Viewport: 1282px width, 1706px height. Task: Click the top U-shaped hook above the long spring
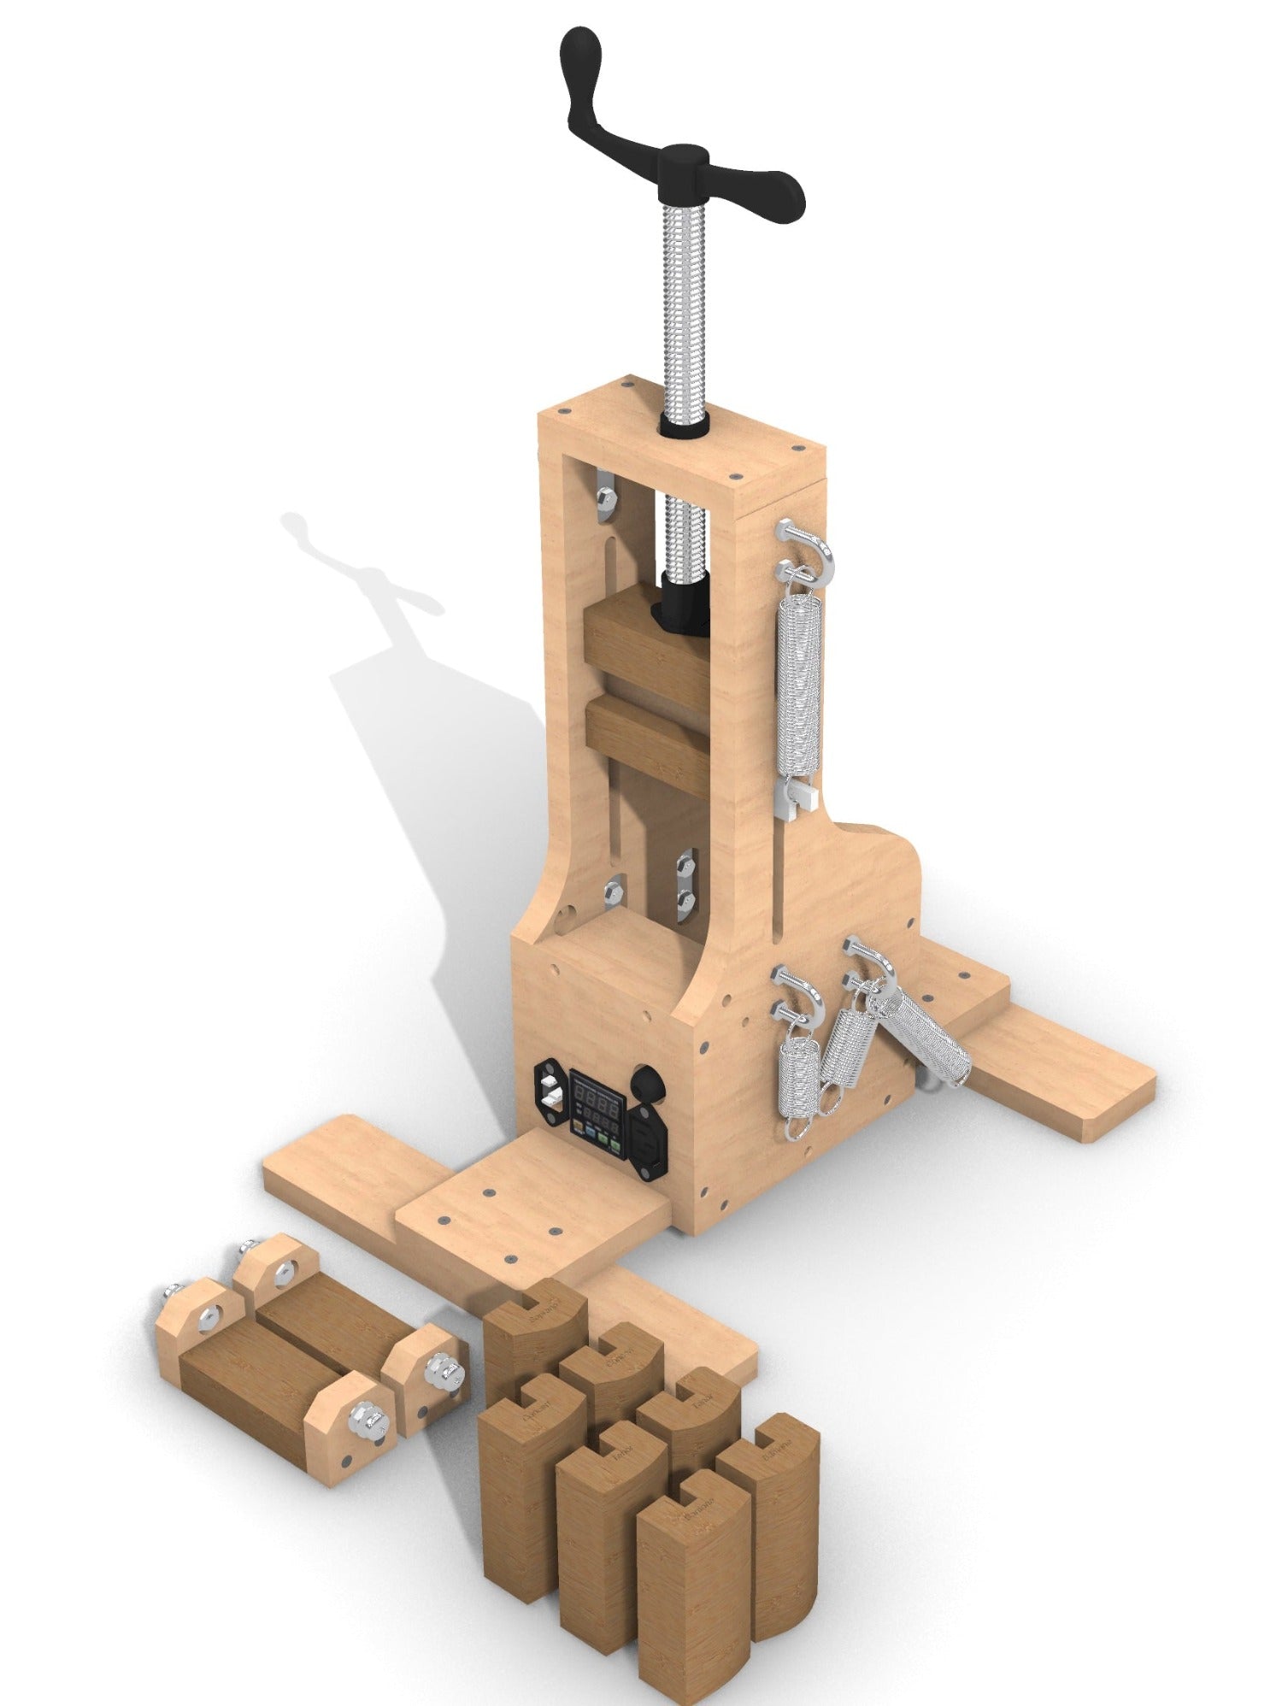point(809,546)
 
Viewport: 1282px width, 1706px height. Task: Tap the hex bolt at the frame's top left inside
point(603,496)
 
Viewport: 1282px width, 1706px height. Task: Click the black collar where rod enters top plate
point(683,424)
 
